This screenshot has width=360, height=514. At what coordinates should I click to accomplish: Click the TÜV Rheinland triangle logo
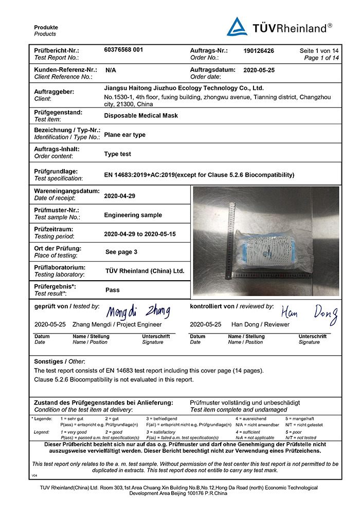[x=237, y=27]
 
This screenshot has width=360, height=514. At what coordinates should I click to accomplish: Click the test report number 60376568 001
[x=123, y=50]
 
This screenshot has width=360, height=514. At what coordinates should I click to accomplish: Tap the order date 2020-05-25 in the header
[x=260, y=69]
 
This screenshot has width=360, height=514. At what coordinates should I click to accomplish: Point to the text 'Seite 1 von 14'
[x=319, y=51]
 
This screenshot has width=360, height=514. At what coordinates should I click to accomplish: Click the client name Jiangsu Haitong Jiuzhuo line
[x=184, y=88]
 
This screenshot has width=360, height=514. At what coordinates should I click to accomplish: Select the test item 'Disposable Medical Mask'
[x=141, y=116]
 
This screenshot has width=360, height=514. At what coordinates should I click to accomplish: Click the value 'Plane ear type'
[x=124, y=135]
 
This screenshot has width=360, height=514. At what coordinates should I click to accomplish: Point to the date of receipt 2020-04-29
[x=119, y=196]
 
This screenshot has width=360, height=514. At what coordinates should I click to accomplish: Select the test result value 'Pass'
[x=112, y=290]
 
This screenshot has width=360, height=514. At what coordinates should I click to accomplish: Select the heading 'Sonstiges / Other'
[x=60, y=361]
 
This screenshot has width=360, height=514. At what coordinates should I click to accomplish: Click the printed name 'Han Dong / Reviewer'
[x=260, y=325]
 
